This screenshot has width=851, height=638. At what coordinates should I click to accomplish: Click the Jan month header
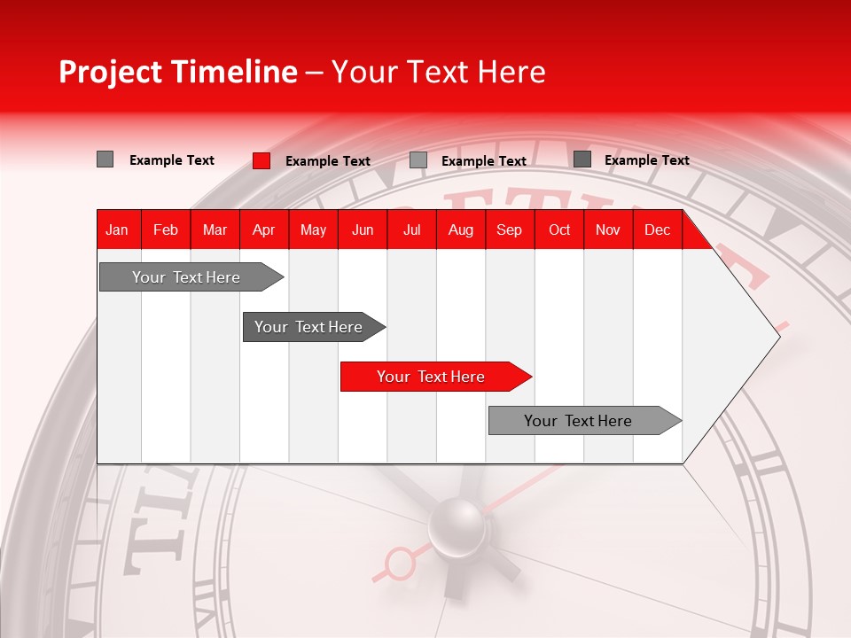tap(117, 230)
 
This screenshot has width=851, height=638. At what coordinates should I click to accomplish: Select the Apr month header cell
tap(263, 230)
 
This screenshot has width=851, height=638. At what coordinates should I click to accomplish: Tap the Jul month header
tap(411, 230)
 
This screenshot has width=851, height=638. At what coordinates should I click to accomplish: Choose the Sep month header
tap(509, 230)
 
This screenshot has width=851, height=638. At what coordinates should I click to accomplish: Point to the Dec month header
tap(657, 230)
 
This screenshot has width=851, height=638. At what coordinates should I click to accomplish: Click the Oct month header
tap(559, 230)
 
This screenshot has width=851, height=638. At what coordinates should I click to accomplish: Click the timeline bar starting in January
tap(186, 277)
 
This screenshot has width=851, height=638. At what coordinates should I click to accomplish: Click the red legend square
tap(261, 160)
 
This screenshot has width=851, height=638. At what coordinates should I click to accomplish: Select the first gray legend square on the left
tap(105, 159)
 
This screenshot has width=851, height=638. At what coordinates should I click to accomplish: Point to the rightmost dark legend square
tap(582, 159)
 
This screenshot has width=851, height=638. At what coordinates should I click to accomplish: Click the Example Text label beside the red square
tap(328, 161)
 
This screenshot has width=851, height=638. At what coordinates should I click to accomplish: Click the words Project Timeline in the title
tap(177, 72)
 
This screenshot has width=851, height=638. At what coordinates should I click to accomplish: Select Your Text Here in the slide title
tap(438, 72)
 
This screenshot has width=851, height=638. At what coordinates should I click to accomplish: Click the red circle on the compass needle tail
tap(400, 562)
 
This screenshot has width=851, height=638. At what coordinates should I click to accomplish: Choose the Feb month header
tap(166, 230)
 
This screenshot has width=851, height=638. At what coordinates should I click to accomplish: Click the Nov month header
tap(607, 230)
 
